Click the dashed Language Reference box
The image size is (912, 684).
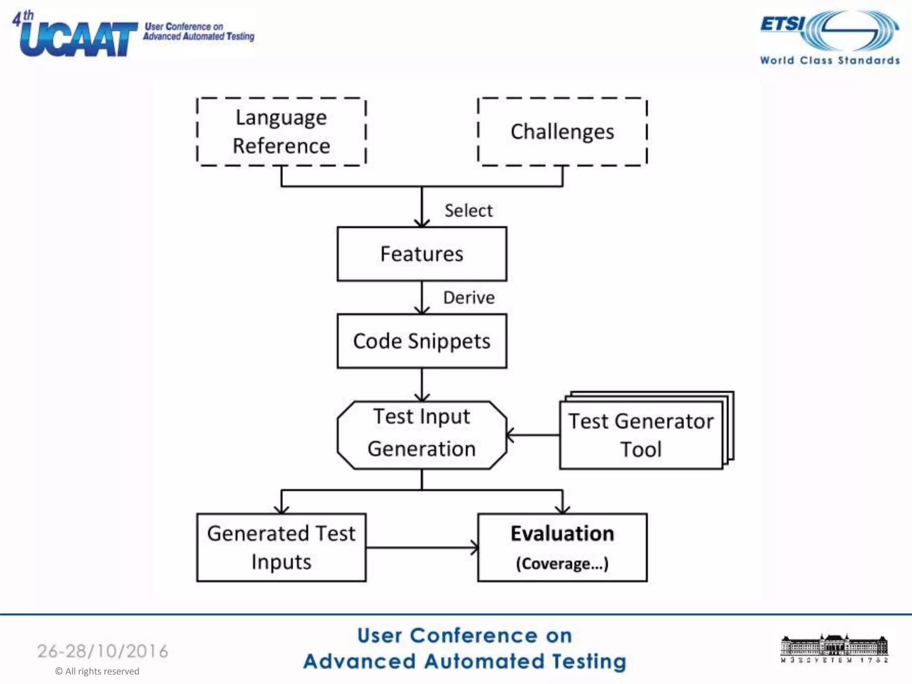coord(281,132)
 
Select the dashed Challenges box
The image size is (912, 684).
coord(562,132)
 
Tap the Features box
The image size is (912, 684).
coord(422,254)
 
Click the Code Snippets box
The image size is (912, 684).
coord(422,341)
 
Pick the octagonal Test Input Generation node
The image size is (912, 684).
coord(422,435)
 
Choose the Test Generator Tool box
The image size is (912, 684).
coord(641,435)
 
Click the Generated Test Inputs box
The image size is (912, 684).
coord(281,547)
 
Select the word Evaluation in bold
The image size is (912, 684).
coord(562,533)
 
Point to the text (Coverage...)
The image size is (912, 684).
coord(562,563)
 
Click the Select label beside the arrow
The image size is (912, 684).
coord(468,211)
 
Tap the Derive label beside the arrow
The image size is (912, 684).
coord(468,297)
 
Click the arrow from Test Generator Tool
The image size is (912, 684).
coord(533,435)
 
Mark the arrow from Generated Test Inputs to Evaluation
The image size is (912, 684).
coord(422,548)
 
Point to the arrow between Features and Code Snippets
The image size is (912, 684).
coord(422,297)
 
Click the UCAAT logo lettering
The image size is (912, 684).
coord(78,39)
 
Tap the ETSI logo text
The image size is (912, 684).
coord(783,23)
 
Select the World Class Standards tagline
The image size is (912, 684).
coord(830,60)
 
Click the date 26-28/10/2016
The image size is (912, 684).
coord(103,651)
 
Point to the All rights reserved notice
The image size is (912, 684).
coord(97,671)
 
